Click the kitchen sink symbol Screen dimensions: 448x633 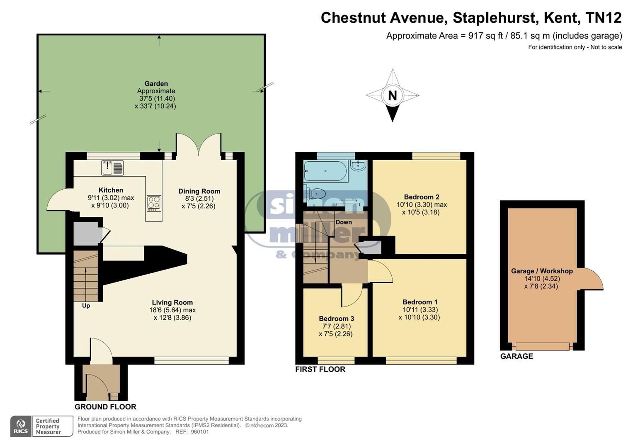(x=112, y=168)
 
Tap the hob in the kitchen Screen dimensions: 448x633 (x=154, y=203)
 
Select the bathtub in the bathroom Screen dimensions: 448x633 (x=325, y=170)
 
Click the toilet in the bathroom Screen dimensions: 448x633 (x=315, y=194)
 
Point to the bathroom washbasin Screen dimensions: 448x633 (x=358, y=166)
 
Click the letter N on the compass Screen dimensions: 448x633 (x=392, y=96)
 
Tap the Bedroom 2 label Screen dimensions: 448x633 (x=422, y=197)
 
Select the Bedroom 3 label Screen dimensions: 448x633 (x=336, y=319)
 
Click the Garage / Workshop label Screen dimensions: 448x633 (x=542, y=271)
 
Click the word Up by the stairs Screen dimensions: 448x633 (x=86, y=306)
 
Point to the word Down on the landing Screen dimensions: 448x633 (x=344, y=222)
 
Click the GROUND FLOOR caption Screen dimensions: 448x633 (x=105, y=407)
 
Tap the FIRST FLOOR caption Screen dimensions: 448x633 (x=320, y=369)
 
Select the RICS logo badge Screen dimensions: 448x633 (x=21, y=426)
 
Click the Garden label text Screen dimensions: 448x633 (x=156, y=84)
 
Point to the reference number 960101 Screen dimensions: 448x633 (x=200, y=432)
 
